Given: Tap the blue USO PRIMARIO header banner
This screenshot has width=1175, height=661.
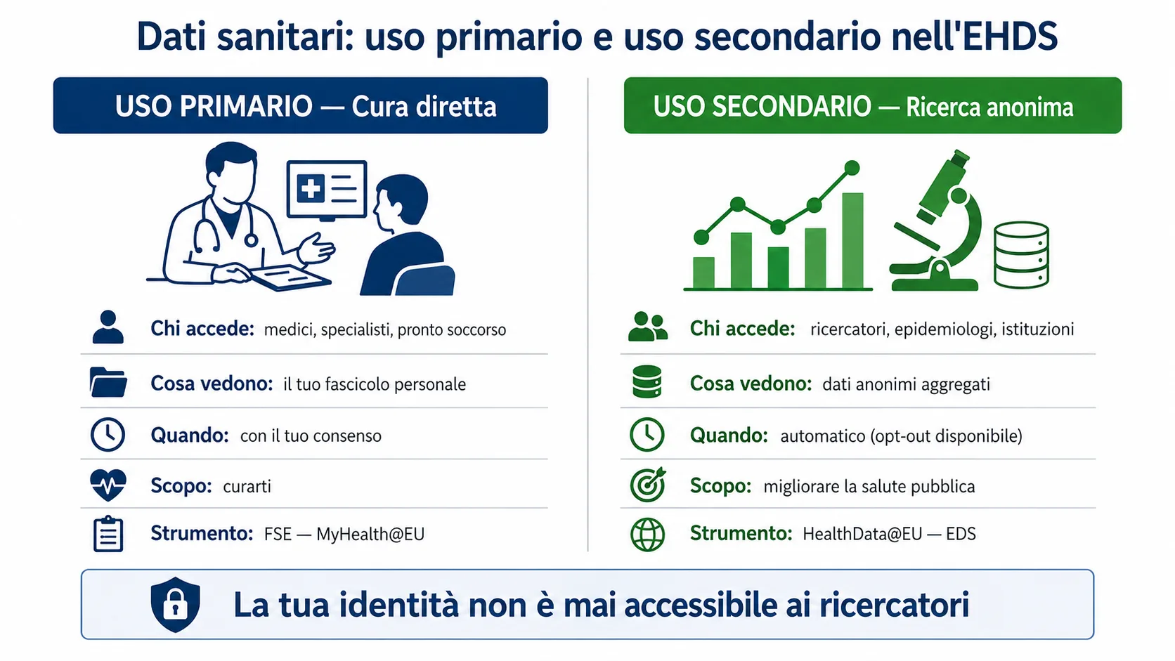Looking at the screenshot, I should click(x=300, y=105).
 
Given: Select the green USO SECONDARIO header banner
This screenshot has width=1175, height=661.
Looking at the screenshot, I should click(x=872, y=105).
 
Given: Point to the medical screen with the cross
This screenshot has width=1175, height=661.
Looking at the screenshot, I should click(x=327, y=189).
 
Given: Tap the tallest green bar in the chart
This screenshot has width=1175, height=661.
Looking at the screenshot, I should click(x=852, y=240).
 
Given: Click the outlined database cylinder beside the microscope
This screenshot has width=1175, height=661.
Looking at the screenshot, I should click(x=1021, y=254).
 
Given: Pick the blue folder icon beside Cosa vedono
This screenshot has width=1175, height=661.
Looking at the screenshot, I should click(x=108, y=383).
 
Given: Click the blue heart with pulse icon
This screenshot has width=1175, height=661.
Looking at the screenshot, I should click(x=108, y=485).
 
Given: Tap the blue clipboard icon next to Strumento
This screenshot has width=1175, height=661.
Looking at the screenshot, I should click(x=108, y=534).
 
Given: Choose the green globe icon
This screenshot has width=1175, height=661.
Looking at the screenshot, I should click(x=647, y=534).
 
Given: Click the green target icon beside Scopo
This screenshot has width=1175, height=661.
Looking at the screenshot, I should click(x=647, y=485).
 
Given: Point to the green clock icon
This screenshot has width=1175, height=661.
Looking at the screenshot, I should click(x=647, y=435).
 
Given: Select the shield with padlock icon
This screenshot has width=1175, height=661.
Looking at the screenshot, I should click(x=175, y=604).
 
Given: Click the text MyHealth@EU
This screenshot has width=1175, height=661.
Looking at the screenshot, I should click(x=370, y=534).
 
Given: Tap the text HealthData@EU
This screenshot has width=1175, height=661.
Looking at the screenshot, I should click(x=862, y=534).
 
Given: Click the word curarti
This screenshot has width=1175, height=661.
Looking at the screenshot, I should click(x=247, y=486).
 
